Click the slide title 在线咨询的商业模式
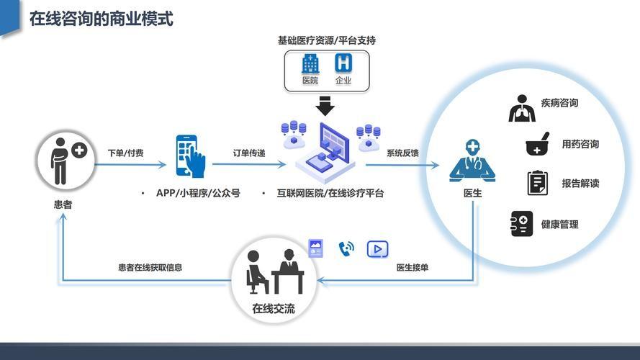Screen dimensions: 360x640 101,19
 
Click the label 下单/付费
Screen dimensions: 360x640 125,153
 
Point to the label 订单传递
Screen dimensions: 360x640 249,153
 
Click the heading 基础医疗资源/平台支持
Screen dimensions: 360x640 326,41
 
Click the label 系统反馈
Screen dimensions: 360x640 402,153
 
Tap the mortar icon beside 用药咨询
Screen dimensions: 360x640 537,144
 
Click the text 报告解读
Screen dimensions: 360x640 580,184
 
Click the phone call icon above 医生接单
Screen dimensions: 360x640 346,249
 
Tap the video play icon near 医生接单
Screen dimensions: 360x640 377,249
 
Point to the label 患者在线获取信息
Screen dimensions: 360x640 150,268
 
